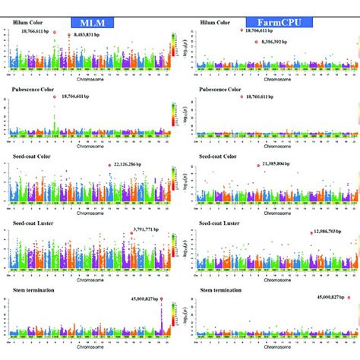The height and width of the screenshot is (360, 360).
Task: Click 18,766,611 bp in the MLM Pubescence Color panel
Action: (82, 96)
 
